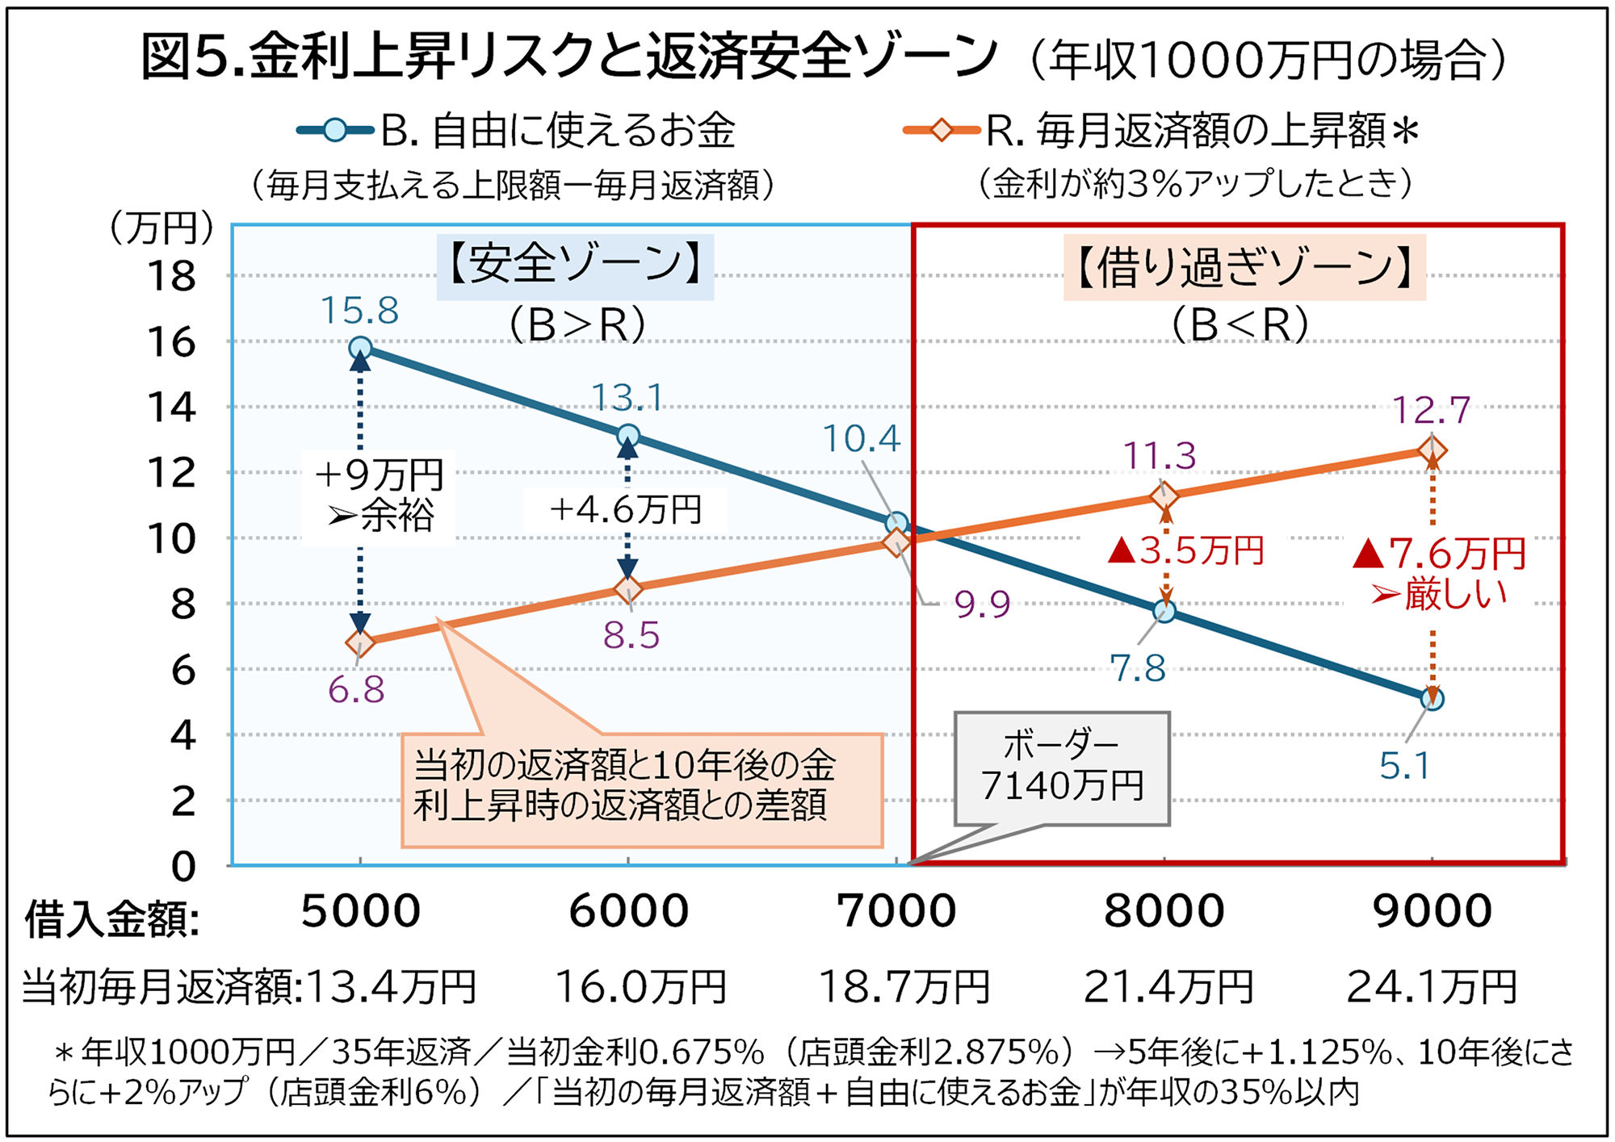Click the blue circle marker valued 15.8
click(360, 348)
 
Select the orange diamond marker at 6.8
click(360, 643)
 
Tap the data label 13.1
click(627, 398)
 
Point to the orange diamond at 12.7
click(1432, 450)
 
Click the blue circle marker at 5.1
click(1433, 699)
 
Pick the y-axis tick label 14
click(171, 408)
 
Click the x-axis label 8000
click(1164, 911)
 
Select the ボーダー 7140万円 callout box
click(1061, 768)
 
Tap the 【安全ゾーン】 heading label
click(575, 265)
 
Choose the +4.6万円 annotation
click(626, 510)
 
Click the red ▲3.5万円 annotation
click(1185, 551)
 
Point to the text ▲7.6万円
click(1440, 554)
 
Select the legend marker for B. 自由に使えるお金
click(335, 130)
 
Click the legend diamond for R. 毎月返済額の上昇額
click(942, 130)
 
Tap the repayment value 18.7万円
click(904, 986)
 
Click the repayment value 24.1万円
click(1432, 986)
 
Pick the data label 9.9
click(982, 604)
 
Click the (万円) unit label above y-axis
click(161, 228)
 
